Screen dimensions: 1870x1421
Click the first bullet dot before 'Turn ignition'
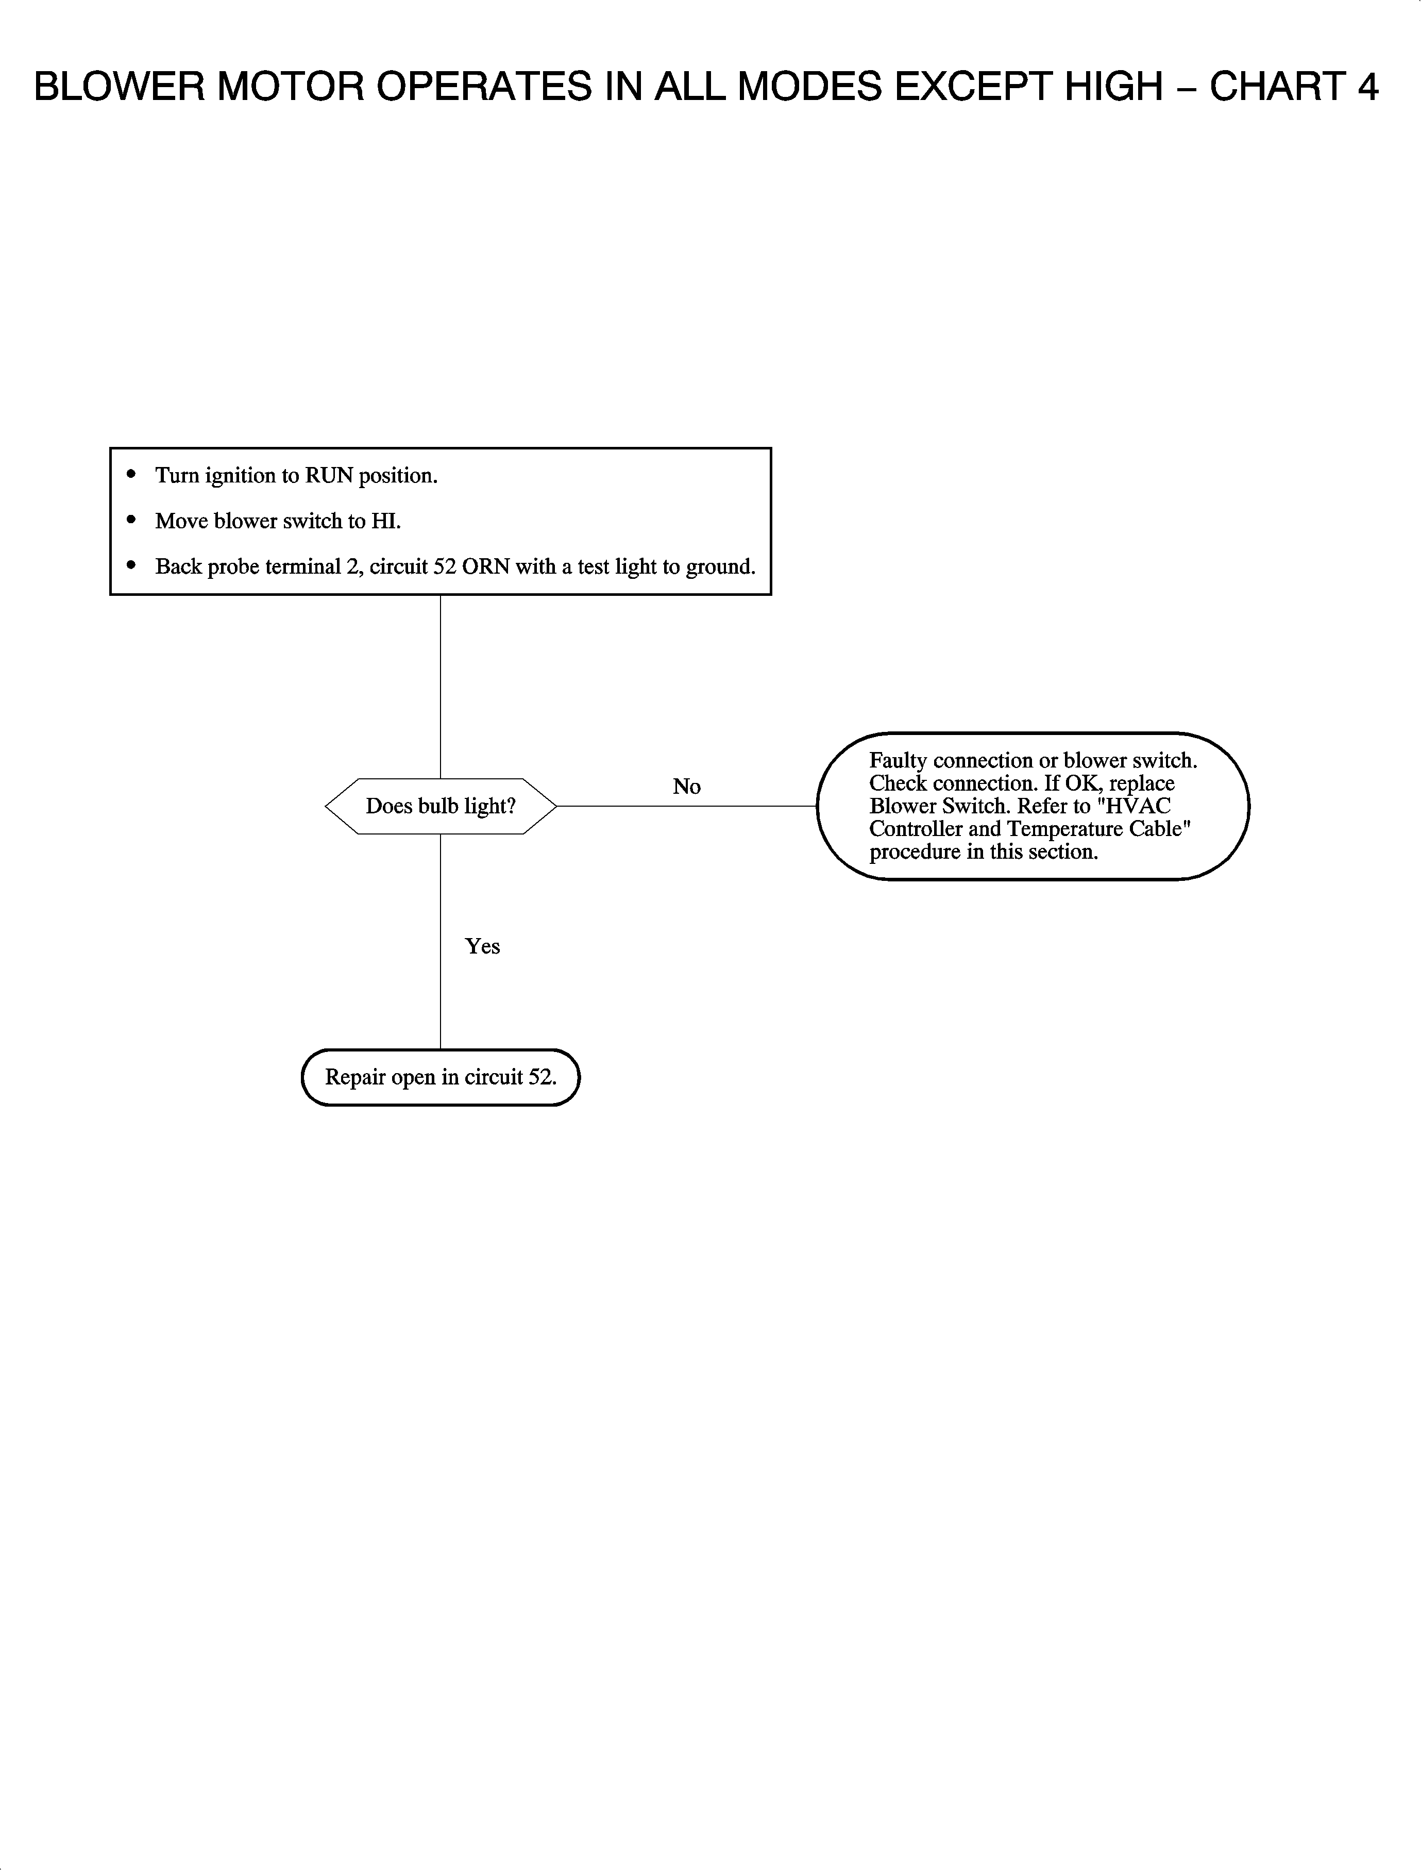tap(131, 475)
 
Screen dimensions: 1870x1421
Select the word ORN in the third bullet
tap(485, 567)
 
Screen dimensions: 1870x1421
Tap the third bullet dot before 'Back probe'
tap(131, 566)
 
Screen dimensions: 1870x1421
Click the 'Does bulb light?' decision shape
tap(441, 806)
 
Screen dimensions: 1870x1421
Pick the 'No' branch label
tap(687, 787)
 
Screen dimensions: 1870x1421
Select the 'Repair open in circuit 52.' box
tap(441, 1077)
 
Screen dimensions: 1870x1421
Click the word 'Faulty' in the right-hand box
tap(898, 761)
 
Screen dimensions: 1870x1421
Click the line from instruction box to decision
tap(441, 686)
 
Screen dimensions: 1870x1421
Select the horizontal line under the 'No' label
tap(687, 806)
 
